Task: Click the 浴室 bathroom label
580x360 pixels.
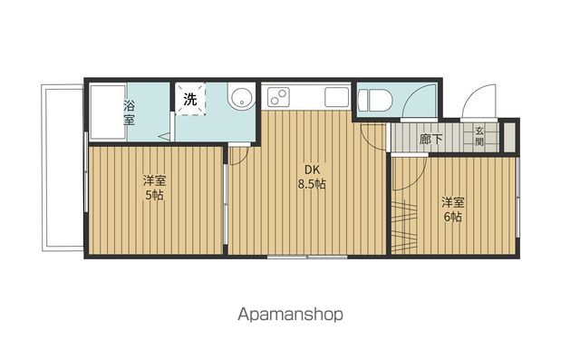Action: [129, 112]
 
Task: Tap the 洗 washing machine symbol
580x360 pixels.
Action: [190, 99]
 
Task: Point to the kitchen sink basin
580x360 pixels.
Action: [336, 97]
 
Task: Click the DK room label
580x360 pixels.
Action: [312, 170]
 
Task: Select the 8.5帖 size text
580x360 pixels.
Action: [312, 184]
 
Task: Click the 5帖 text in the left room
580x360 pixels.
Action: [154, 195]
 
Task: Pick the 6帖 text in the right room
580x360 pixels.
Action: [453, 217]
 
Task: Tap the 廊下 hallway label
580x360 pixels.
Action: [431, 139]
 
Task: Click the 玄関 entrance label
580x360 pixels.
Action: [479, 136]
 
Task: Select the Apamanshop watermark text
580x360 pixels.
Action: [290, 315]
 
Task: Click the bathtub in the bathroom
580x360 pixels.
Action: [108, 112]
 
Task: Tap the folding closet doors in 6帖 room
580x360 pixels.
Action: [405, 227]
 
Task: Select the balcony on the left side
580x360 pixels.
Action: [63, 168]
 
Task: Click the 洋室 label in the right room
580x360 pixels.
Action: [453, 202]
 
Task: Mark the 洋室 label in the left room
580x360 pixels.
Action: [155, 181]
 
